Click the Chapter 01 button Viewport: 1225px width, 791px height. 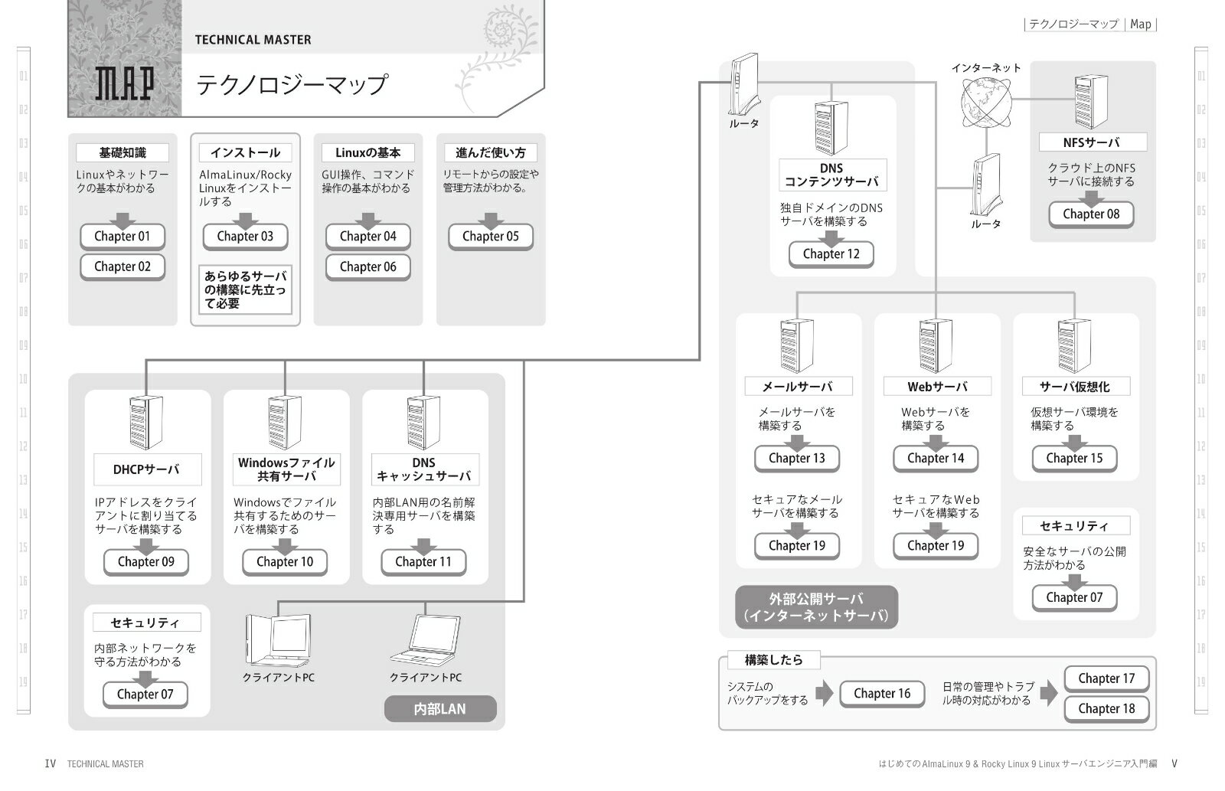122,236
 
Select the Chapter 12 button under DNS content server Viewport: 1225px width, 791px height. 831,253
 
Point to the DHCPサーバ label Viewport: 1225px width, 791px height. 146,469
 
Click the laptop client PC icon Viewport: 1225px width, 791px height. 425,642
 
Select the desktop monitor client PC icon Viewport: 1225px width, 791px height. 277,642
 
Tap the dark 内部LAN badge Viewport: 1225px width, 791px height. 439,709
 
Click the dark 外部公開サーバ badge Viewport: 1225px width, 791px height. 816,607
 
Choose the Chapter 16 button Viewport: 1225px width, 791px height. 882,693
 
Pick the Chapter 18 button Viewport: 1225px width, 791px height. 1106,708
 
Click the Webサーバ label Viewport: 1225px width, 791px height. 937,387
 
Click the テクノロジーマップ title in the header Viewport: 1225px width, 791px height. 292,84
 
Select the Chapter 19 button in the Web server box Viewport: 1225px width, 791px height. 936,545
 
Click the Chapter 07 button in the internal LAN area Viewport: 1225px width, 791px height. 145,694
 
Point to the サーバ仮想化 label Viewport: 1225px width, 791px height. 1075,387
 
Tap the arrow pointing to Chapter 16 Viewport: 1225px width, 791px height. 824,693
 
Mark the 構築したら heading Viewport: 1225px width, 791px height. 773,659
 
